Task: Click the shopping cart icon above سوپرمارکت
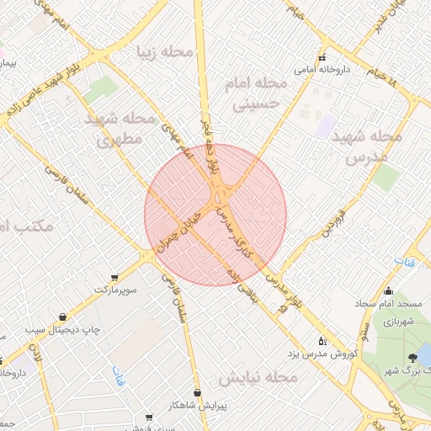pyautogui.click(x=114, y=277)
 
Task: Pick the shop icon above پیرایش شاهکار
pyautogui.click(x=197, y=391)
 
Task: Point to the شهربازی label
pyautogui.click(x=396, y=322)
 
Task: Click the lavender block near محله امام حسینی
pyautogui.click(x=327, y=126)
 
